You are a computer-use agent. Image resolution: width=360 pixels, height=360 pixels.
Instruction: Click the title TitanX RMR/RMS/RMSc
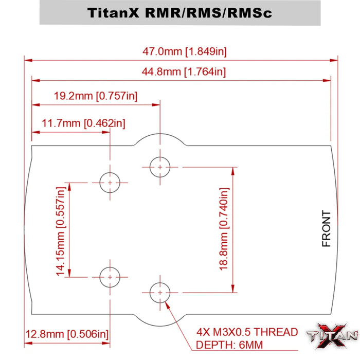coord(180,12)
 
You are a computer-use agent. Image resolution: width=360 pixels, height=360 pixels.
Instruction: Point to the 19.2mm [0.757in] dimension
coord(96,96)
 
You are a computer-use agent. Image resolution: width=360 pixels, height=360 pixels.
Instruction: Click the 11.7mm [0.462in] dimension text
coord(83,123)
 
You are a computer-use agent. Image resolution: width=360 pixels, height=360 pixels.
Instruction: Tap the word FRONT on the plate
coord(326,229)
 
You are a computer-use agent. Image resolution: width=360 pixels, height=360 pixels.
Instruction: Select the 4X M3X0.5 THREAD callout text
coord(247,332)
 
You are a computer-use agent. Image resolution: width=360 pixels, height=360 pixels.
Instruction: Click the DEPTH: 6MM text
coord(226,346)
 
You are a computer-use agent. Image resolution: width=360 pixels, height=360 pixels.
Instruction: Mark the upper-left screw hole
coord(110,182)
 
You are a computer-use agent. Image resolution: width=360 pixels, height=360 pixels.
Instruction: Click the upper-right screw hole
coord(160,167)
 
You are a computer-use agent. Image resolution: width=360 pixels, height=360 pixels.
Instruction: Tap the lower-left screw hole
coord(110,277)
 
